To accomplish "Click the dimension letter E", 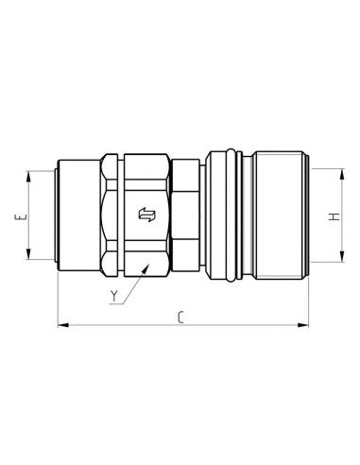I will point(19,218).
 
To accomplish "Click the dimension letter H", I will point(334,217).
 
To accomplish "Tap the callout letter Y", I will point(113,297).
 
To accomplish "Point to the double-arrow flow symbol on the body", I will point(146,215).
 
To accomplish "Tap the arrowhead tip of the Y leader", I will point(146,267).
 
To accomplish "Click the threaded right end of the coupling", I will point(280,215).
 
